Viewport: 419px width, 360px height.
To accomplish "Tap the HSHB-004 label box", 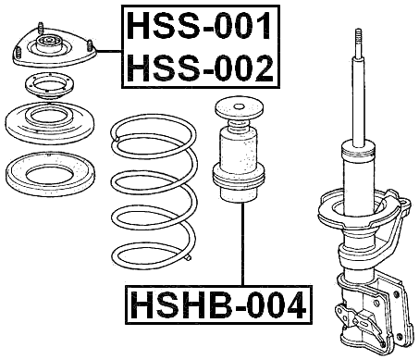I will (218, 304).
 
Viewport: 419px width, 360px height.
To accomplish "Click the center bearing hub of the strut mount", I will (52, 43).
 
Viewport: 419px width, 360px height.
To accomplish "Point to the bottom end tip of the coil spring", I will (190, 253).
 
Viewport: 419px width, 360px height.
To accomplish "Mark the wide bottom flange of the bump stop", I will (240, 180).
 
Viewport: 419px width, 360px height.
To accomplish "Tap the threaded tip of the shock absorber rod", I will (355, 37).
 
